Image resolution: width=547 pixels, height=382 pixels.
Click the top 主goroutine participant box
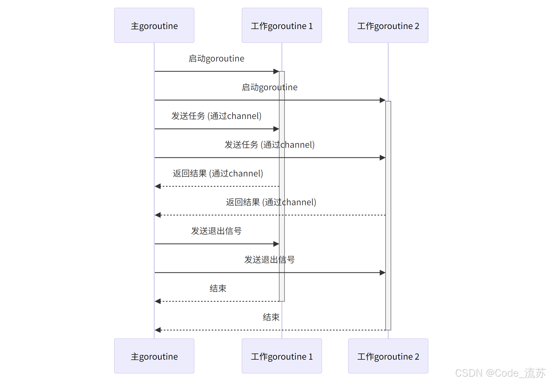[154, 26]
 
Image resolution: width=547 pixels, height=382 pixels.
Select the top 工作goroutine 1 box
[282, 26]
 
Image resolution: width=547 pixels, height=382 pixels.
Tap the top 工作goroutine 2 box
[388, 26]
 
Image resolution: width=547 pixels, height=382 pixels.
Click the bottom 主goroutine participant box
[154, 356]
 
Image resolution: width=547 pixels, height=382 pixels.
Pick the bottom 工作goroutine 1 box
[282, 356]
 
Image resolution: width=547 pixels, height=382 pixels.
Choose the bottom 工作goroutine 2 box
[388, 356]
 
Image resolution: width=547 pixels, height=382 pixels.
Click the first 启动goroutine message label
[216, 59]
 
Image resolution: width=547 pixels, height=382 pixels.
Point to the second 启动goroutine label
[269, 87]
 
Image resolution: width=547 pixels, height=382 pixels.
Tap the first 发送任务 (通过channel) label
[216, 116]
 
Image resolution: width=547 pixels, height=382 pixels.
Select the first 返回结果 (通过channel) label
[218, 174]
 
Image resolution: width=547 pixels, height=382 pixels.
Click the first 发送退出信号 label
[216, 231]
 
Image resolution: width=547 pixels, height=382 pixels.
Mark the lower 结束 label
[271, 317]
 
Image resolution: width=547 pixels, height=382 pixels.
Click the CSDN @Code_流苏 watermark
[500, 373]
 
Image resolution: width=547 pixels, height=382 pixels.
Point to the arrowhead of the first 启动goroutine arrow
[276, 71]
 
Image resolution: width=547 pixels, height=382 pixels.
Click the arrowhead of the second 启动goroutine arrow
[383, 100]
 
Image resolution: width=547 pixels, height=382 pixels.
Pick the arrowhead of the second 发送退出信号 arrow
[383, 273]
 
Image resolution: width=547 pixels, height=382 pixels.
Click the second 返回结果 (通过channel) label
[271, 202]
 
